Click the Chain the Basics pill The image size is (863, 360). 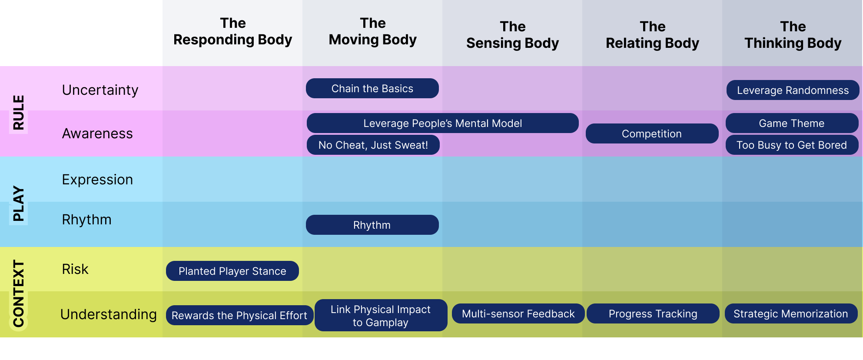(x=372, y=88)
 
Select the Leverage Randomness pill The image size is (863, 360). (x=793, y=90)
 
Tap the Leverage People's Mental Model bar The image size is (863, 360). (x=442, y=123)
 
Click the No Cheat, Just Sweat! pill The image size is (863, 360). (x=373, y=145)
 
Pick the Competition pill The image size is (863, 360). (x=652, y=133)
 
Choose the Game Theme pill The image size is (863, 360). (x=792, y=123)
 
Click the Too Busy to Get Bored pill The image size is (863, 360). (x=792, y=145)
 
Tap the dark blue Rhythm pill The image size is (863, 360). (x=372, y=225)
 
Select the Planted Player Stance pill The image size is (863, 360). (x=232, y=271)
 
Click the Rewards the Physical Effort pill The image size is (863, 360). (x=239, y=315)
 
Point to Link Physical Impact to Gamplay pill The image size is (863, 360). (x=381, y=315)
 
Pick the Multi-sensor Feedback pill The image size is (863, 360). (x=518, y=313)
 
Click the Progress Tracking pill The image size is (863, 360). (x=653, y=313)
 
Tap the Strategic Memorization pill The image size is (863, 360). (x=791, y=313)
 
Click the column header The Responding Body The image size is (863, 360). (x=232, y=31)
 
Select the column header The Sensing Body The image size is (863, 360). (x=512, y=35)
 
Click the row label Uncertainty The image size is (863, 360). (x=100, y=90)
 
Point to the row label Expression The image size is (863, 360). (x=97, y=179)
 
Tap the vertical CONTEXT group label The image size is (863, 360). (x=18, y=293)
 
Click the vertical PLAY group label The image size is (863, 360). (x=18, y=203)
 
